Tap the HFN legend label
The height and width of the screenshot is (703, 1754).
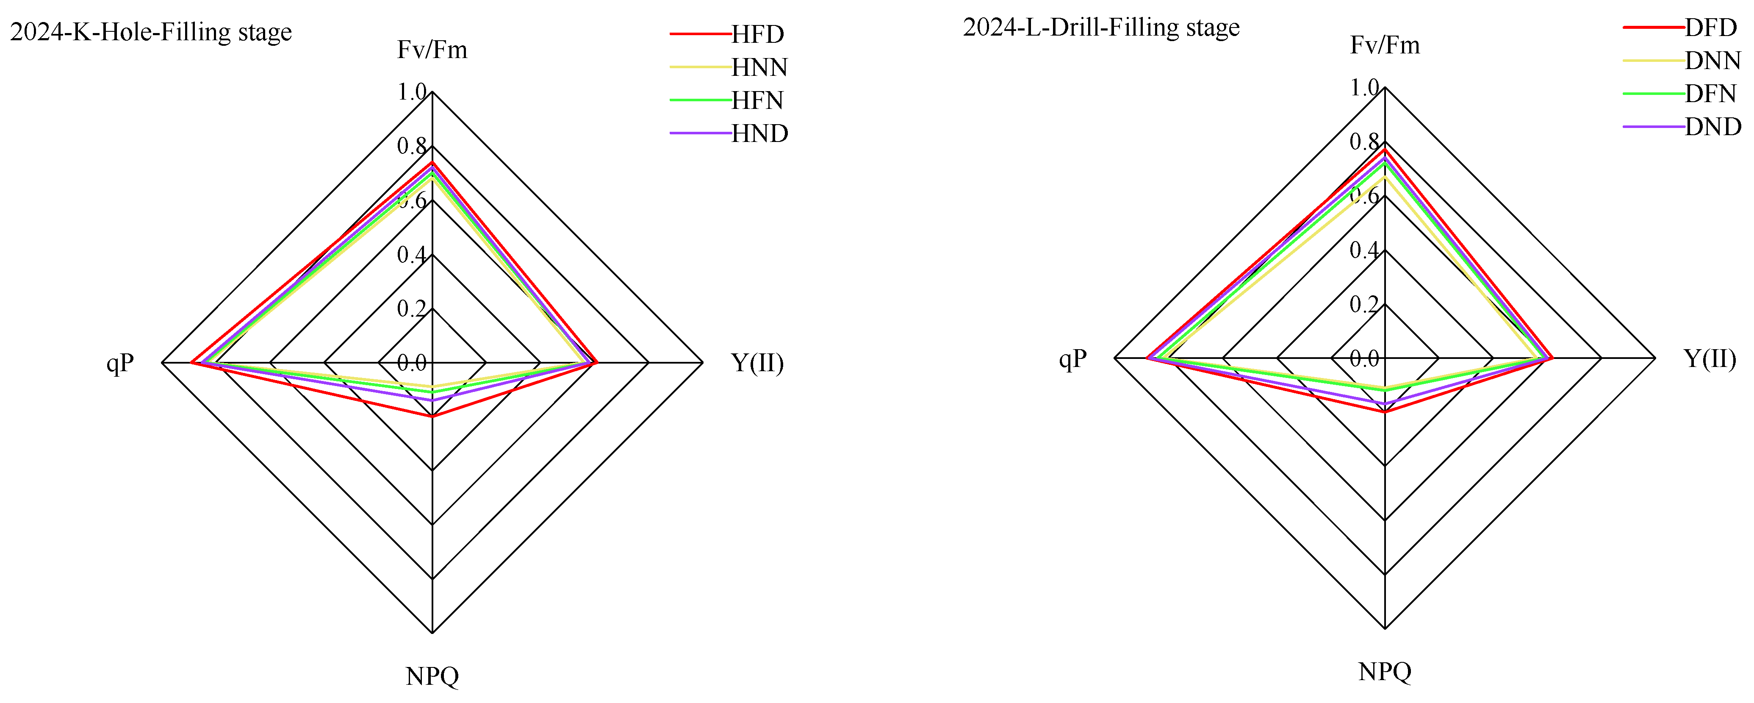(x=758, y=100)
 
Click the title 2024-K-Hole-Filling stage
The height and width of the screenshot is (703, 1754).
(x=151, y=32)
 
